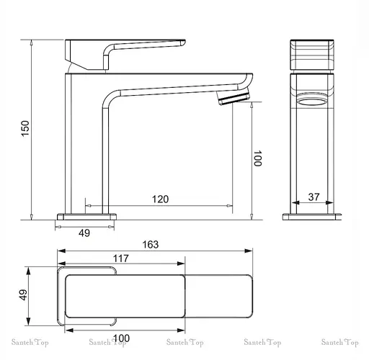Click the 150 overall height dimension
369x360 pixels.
(x=25, y=128)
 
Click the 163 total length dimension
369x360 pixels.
(x=149, y=244)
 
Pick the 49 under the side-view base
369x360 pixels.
(x=84, y=233)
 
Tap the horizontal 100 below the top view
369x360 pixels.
(x=121, y=338)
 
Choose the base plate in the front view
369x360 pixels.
(x=314, y=216)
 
